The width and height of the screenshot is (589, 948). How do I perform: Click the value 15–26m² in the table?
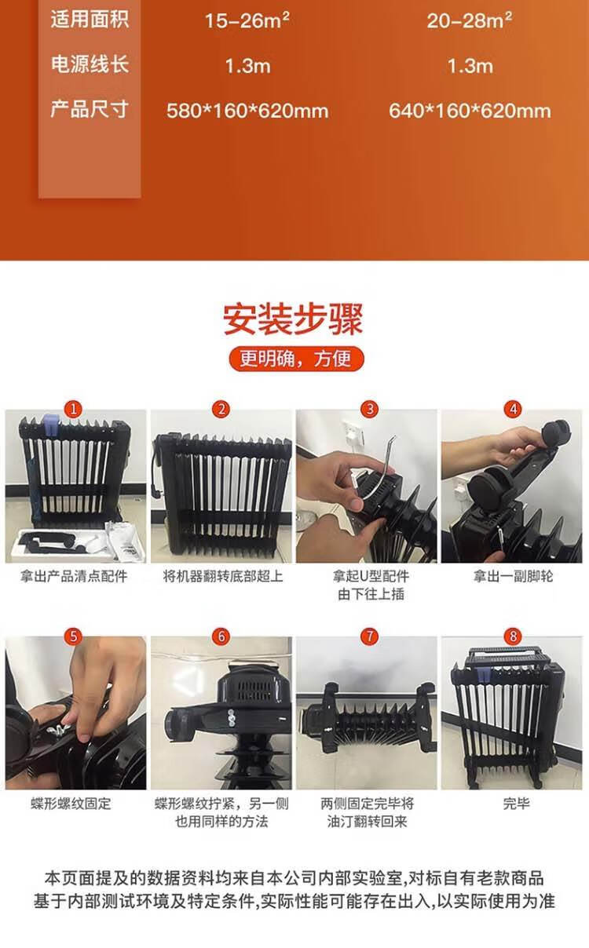(247, 20)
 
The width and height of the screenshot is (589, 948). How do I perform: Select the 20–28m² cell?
(470, 20)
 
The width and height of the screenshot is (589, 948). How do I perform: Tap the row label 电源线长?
(90, 64)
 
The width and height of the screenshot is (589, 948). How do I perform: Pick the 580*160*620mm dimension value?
(247, 111)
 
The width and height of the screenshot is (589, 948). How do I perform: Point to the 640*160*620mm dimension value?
(470, 111)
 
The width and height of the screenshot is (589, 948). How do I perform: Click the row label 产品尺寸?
(90, 109)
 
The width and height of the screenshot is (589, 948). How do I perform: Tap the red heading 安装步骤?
(294, 319)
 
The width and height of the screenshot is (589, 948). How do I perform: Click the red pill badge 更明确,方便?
(296, 359)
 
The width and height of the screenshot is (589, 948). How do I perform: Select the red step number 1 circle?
(73, 409)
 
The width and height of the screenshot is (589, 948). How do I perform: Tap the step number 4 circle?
(513, 409)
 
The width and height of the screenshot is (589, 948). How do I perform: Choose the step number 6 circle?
(221, 636)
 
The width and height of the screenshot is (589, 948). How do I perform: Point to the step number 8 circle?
(513, 636)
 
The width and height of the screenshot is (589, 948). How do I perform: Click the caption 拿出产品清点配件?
(74, 576)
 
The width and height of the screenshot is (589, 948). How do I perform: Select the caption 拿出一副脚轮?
(513, 576)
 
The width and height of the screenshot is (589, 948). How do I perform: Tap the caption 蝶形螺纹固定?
(71, 804)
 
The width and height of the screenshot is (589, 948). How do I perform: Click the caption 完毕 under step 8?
(516, 804)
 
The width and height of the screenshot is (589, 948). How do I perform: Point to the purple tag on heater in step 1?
(50, 425)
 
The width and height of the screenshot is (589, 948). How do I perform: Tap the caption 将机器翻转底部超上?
(223, 576)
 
